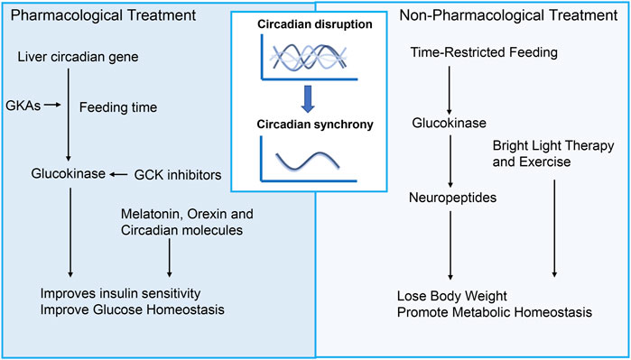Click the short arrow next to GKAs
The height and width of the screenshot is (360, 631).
click(x=51, y=106)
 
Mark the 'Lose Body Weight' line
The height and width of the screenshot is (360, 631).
click(x=452, y=295)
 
